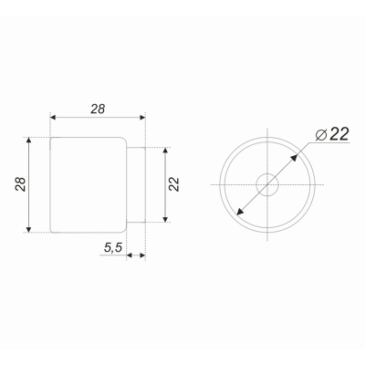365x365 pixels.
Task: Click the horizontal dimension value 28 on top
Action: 98,109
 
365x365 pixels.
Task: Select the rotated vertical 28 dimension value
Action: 21,184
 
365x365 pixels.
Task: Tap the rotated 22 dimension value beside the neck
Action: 174,184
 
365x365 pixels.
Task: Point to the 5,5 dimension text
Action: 113,248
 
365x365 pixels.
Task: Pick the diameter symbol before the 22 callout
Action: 321,134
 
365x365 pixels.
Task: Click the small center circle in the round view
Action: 267,184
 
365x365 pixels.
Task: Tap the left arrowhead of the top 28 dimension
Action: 54,118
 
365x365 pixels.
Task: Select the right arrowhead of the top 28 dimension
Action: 141,118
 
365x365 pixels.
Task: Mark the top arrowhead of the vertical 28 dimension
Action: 28,141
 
